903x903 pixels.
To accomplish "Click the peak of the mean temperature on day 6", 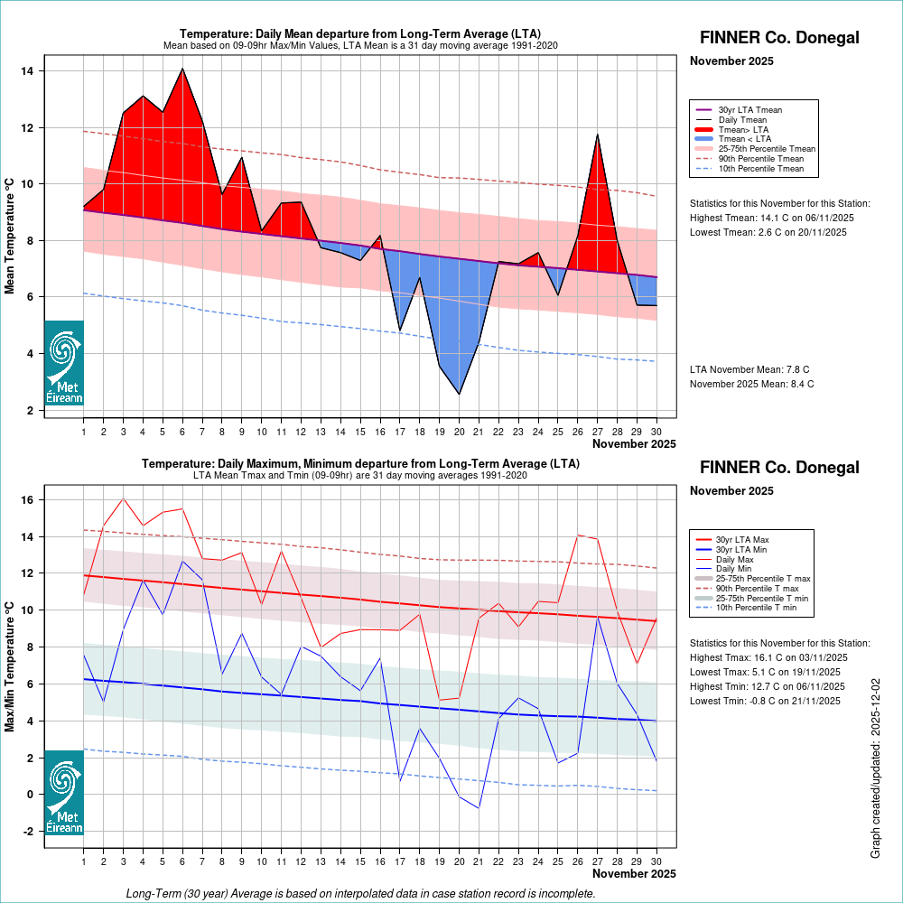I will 183,69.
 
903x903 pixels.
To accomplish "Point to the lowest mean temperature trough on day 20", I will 459,394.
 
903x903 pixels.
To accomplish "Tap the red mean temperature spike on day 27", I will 597,135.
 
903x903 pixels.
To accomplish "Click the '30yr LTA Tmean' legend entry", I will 749,110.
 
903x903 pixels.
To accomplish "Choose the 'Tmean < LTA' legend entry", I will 744,139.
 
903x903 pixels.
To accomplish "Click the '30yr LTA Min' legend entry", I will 742,550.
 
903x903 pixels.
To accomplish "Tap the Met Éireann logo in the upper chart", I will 64,363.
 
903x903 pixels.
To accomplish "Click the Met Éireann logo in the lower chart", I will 64,793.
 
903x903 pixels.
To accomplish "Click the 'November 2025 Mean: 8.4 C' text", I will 751,384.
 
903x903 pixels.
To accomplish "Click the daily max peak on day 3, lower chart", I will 124,498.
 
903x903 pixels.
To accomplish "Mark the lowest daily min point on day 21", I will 479,807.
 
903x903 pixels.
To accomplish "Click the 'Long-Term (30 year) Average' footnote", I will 360,893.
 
